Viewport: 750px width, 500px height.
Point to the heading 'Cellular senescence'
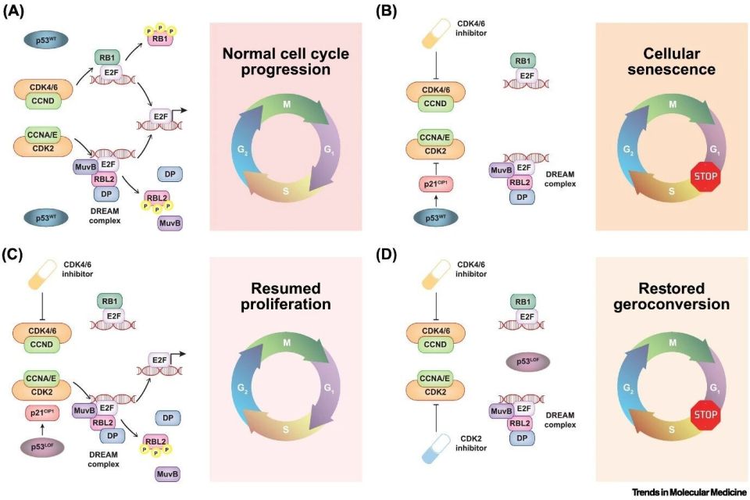pos(670,62)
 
